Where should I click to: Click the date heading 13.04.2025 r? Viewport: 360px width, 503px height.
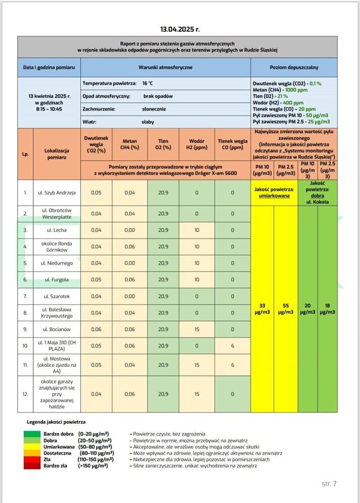tap(180, 30)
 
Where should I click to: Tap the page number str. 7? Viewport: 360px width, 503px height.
tap(329, 484)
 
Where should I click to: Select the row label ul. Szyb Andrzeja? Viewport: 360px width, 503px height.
tap(56, 193)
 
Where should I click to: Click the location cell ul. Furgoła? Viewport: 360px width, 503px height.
tap(56, 280)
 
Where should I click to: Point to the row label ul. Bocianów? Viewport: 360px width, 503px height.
tap(56, 329)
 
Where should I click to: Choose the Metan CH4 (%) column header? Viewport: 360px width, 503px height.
tap(130, 144)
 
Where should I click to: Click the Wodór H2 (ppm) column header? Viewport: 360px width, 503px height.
tap(196, 144)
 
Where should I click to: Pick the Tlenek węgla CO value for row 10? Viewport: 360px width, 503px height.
tap(233, 346)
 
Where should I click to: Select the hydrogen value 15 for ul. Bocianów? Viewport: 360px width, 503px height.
tap(196, 329)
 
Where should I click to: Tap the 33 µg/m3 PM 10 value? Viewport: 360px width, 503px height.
tap(262, 309)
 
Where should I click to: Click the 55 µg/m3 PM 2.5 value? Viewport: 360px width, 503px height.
tap(285, 309)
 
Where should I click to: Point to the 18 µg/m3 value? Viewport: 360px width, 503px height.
tap(327, 309)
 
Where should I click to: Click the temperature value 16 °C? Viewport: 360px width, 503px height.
tap(148, 82)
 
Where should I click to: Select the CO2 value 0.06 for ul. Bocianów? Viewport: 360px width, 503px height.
tap(96, 329)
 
